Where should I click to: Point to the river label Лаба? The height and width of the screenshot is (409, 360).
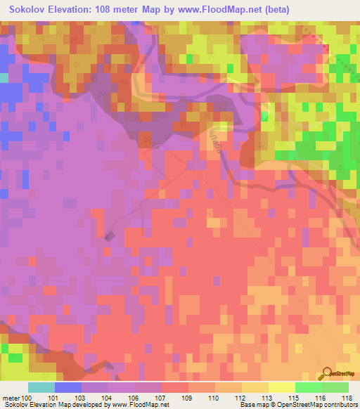(212, 140)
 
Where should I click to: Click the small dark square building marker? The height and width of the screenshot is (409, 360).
(109, 237)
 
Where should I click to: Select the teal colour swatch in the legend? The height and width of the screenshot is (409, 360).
(41, 387)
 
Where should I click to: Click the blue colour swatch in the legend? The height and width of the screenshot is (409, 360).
(68, 387)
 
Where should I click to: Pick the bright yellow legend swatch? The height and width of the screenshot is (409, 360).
(282, 387)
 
